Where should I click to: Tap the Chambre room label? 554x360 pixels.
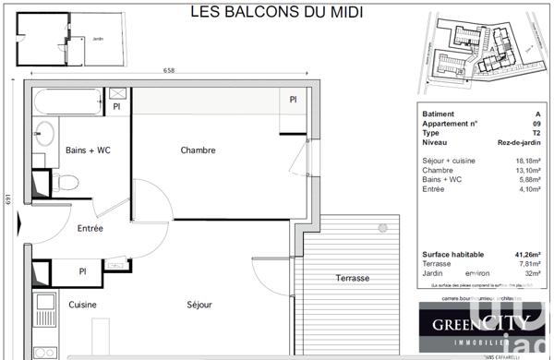coord(198,150)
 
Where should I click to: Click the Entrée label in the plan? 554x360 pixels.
coord(90,228)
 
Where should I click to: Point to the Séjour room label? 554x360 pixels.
coord(199,305)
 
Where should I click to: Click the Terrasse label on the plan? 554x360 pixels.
coord(352,278)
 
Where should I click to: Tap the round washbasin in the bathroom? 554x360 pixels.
coord(43,131)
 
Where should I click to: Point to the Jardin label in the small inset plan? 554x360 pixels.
coord(99,39)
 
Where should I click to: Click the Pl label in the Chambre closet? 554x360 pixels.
coord(293,100)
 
